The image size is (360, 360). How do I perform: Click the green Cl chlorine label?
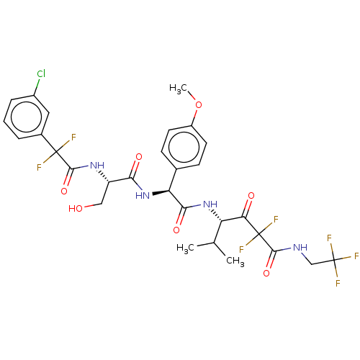tap(41, 74)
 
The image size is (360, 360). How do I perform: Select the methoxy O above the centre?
tap(198, 105)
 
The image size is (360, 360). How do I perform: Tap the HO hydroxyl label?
tap(76, 209)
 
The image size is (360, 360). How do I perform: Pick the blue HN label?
tap(143, 195)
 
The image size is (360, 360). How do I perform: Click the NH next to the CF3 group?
tap(300, 248)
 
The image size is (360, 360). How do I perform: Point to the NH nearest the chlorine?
tap(97, 166)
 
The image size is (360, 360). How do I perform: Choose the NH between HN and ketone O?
tap(210, 204)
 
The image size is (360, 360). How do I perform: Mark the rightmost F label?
tap(356, 256)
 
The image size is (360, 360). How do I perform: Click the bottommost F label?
tap(338, 284)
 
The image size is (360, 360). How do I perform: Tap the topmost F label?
tap(73, 138)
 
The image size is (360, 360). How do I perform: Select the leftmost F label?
tap(39, 168)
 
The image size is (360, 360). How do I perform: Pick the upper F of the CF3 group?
tap(329, 238)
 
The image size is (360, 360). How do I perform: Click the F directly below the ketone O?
tap(276, 220)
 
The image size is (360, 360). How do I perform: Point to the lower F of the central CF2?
tap(242, 250)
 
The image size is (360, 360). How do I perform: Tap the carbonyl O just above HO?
tap(64, 191)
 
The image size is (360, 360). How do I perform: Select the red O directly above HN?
tap(138, 157)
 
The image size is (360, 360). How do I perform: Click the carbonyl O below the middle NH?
tap(176, 230)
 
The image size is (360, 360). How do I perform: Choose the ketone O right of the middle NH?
tap(251, 196)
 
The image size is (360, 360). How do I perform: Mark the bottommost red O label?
tap(266, 274)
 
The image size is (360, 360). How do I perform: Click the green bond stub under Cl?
tap(37, 83)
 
